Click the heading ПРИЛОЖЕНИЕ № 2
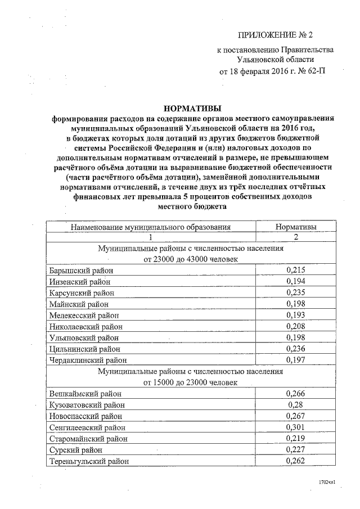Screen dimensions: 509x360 (x=275, y=36)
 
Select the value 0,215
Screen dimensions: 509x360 (x=295, y=270)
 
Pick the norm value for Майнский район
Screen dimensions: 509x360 (x=295, y=304)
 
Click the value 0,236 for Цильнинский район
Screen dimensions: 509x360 (x=295, y=349)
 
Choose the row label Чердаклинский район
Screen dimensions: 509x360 (x=87, y=360)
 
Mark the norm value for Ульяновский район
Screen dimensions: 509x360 (x=295, y=337)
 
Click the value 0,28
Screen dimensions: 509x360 (x=295, y=405)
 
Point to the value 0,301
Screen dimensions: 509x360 (x=295, y=427)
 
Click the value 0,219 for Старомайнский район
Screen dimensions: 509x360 (x=295, y=439)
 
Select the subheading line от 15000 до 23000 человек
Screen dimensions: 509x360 (x=191, y=382)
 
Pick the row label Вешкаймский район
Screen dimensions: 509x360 (x=84, y=394)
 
